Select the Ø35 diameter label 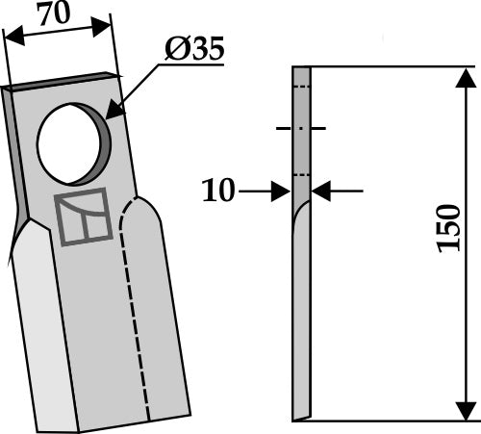(192, 49)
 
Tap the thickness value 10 (218, 191)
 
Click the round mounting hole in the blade (73, 143)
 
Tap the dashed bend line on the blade (136, 318)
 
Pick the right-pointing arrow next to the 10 (282, 191)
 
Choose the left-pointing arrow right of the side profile (321, 191)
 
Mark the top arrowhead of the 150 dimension (465, 75)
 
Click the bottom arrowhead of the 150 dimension (465, 412)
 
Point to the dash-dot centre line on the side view (300, 128)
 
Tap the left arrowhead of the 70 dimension (10, 41)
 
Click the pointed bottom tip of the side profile (295, 419)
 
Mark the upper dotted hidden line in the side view (301, 88)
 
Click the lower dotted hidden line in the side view (301, 174)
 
